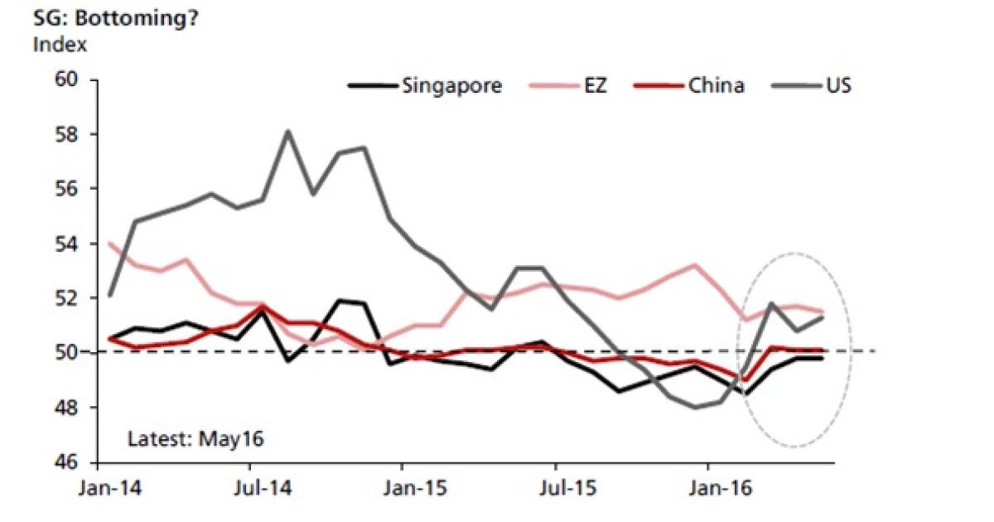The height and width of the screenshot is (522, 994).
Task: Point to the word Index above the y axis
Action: [60, 44]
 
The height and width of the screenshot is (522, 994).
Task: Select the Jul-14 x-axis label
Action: [250, 489]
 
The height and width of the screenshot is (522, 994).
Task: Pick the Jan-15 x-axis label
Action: [403, 489]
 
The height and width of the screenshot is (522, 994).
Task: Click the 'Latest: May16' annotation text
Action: [195, 438]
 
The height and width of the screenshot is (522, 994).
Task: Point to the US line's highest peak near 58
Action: [287, 131]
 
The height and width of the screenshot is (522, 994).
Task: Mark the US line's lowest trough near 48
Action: [694, 407]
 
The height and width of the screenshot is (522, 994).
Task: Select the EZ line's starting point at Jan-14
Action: [110, 244]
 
